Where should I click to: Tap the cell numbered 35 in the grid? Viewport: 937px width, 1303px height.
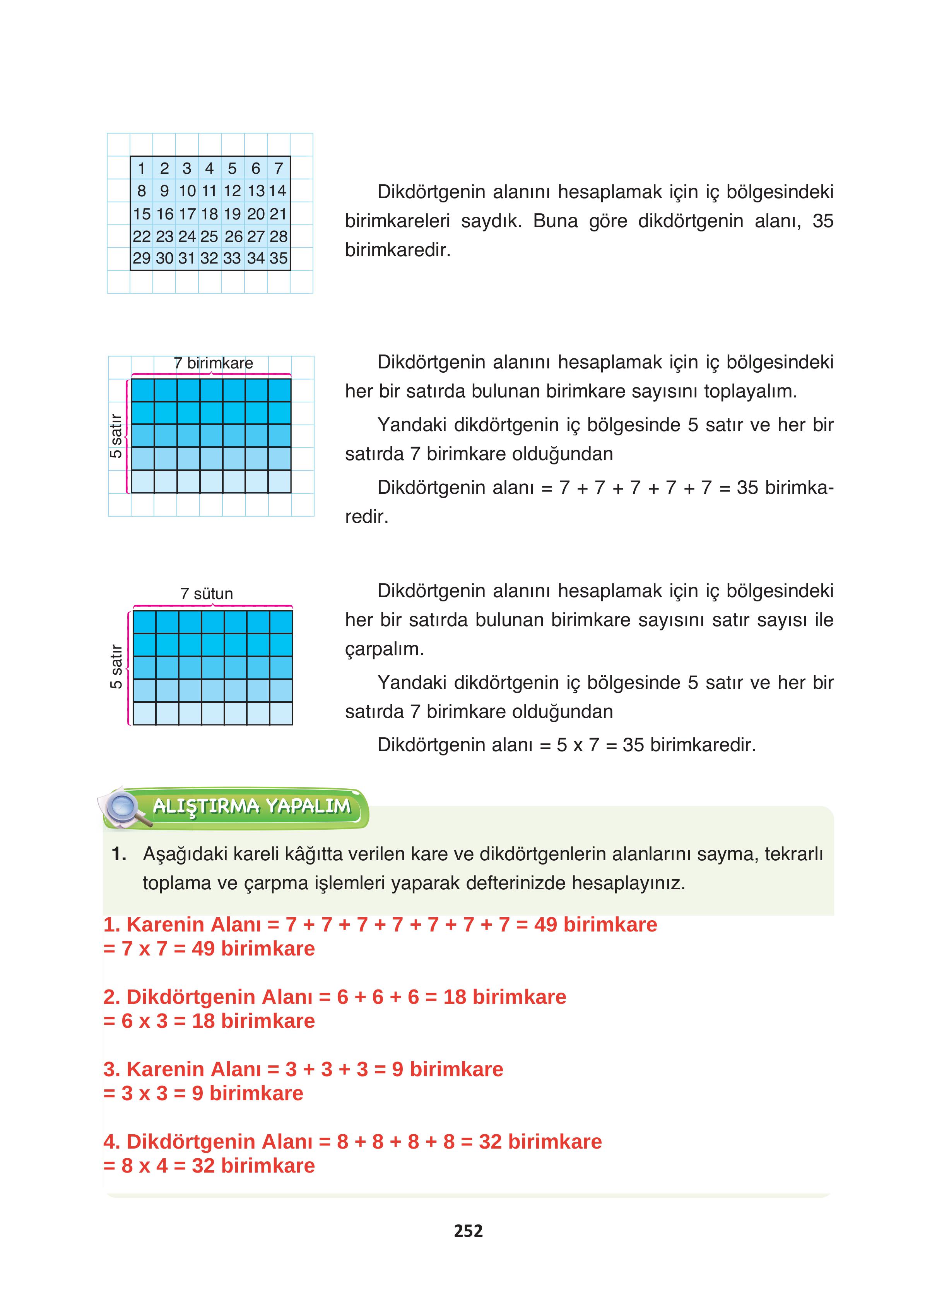point(279,259)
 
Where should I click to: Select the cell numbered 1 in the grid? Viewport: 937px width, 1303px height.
point(141,168)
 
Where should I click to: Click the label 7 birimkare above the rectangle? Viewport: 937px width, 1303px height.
point(213,363)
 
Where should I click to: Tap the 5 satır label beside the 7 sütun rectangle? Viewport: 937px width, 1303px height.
point(116,666)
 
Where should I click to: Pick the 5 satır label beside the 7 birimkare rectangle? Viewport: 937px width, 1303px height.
point(116,435)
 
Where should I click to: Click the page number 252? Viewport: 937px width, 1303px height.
point(468,1231)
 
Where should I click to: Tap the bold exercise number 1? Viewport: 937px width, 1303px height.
point(119,854)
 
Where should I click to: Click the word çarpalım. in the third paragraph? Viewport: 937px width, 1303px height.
point(384,650)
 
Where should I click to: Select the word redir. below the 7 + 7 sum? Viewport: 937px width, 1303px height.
point(366,517)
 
